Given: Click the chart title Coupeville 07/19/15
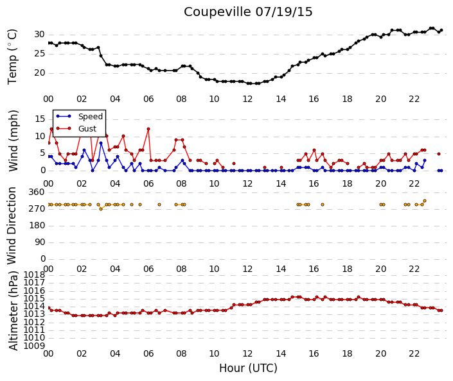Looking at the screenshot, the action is [x=248, y=12].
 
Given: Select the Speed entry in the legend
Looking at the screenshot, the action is [x=91, y=117].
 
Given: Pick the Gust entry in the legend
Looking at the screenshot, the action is [x=87, y=129].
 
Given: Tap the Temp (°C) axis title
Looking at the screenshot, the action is [x=12, y=57].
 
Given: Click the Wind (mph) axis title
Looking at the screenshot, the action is [x=13, y=140].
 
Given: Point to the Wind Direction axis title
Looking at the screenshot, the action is [x=12, y=226].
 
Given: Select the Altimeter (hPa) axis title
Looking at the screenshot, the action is [x=13, y=310].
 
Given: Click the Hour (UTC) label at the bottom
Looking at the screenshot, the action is [x=248, y=368].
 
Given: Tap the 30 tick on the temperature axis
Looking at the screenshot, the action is [x=39, y=35].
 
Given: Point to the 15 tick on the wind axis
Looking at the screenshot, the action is [x=40, y=119].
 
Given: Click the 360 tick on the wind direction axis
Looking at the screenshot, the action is [x=37, y=192].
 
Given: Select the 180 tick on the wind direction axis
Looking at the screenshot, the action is [x=37, y=225].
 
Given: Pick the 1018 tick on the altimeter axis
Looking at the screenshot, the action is [x=34, y=275].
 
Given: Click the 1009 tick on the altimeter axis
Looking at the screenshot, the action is [x=34, y=346].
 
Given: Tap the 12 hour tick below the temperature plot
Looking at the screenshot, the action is [x=247, y=99].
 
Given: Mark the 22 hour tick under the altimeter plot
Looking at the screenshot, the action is [x=414, y=353].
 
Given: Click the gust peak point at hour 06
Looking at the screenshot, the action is [x=148, y=129].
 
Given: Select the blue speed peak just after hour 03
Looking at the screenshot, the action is [x=101, y=143].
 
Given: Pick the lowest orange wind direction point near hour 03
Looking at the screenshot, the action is [x=101, y=209].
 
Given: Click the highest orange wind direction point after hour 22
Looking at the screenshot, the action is [x=424, y=201].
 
